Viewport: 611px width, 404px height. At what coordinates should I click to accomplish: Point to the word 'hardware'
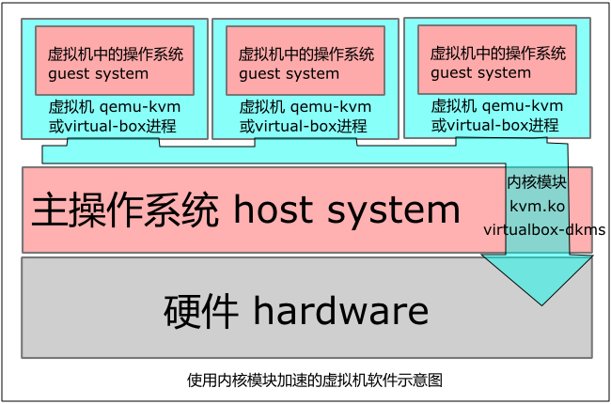tap(340, 309)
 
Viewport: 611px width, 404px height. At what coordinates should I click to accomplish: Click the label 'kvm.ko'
tap(538, 205)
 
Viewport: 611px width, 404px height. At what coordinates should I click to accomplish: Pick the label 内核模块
tap(538, 181)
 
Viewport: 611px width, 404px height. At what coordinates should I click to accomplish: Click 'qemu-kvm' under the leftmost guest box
tap(141, 106)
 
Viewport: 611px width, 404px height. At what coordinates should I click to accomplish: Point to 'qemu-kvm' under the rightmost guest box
tap(524, 105)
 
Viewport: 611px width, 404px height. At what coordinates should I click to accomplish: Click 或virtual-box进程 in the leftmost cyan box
tap(114, 125)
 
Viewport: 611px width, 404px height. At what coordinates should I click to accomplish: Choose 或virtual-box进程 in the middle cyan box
tap(305, 125)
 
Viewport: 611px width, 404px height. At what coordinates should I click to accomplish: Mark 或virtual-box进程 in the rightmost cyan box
tap(496, 124)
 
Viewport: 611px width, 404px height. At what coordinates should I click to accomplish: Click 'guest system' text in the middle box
tap(289, 74)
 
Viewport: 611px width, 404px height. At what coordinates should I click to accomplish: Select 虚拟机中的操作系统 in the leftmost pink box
tap(116, 54)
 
